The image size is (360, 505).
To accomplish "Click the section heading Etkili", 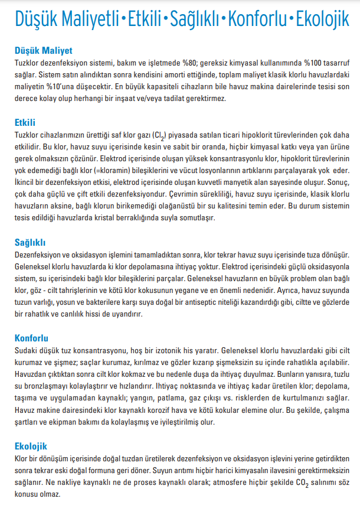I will [25, 122].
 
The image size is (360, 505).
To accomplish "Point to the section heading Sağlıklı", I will [30, 242].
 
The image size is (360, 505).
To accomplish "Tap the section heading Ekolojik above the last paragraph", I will [31, 446].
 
